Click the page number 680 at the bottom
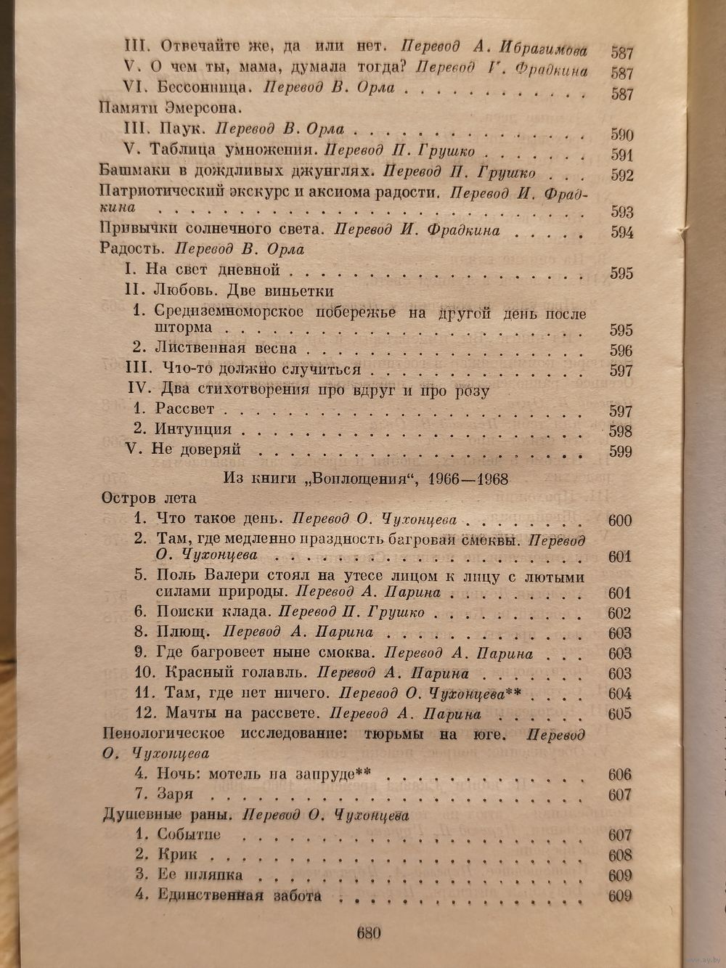(369, 933)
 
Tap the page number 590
(621, 135)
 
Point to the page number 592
(621, 175)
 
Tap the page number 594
(621, 233)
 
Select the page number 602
(620, 613)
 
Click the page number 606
(620, 774)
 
